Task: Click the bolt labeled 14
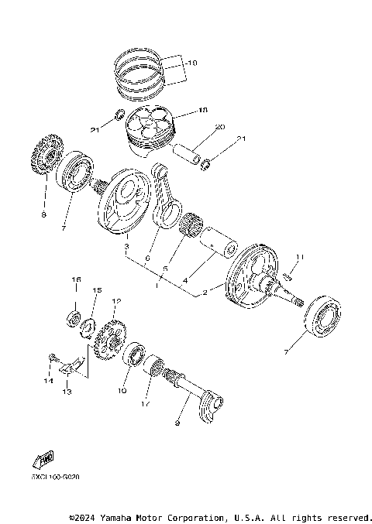(x=52, y=358)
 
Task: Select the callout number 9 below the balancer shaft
(x=177, y=423)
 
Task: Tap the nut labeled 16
(x=76, y=317)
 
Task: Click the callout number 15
(x=97, y=291)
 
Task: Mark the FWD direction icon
(x=43, y=461)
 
